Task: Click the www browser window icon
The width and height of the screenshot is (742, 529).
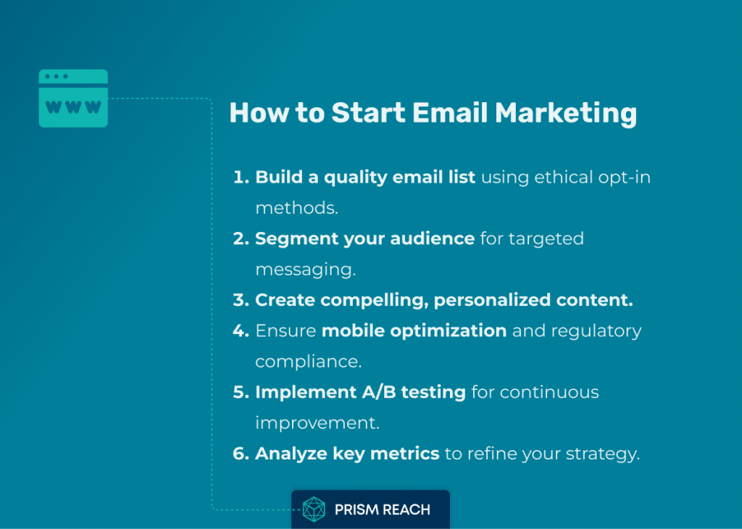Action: pos(73,99)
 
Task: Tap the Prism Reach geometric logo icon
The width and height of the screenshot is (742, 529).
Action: pos(314,509)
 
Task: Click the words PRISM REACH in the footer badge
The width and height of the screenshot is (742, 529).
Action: pos(383,509)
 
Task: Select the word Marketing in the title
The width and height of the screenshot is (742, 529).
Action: pos(566,114)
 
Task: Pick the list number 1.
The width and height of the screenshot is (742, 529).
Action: pos(241,177)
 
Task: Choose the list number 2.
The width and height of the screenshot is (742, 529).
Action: pos(241,238)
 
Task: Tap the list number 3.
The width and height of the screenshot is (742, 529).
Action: pos(241,300)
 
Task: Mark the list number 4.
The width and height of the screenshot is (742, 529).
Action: pos(241,330)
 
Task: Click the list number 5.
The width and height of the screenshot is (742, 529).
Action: pos(241,392)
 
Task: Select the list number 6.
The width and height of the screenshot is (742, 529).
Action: pos(241,454)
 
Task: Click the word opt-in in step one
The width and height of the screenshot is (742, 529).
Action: pos(624,178)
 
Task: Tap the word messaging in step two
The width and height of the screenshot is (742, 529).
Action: pos(305,270)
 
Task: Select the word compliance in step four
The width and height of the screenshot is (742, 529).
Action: pos(309,362)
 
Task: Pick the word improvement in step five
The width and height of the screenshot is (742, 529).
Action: pos(317,423)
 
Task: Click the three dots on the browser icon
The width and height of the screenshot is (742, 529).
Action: pos(57,76)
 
